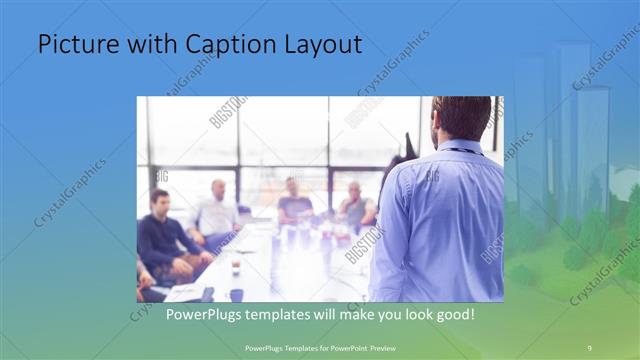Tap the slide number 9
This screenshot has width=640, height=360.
(589, 346)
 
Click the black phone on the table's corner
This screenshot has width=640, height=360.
(206, 294)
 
